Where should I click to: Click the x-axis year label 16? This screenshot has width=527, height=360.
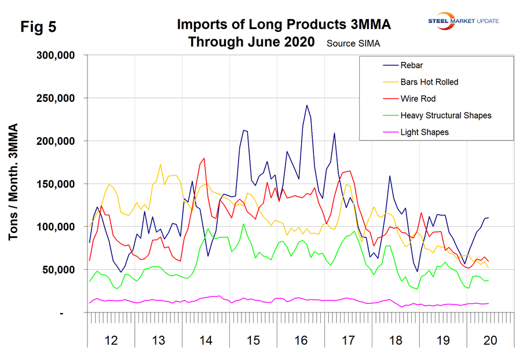click(x=300, y=341)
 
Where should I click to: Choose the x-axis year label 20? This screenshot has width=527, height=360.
click(x=489, y=341)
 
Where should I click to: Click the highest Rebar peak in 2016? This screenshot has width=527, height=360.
click(x=307, y=105)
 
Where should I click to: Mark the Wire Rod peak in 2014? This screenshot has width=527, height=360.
click(x=204, y=158)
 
